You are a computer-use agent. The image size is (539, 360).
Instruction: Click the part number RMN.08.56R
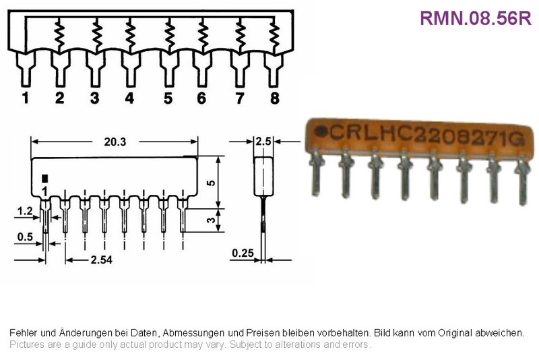pyautogui.click(x=476, y=18)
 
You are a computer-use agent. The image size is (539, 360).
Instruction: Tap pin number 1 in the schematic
pyautogui.click(x=25, y=98)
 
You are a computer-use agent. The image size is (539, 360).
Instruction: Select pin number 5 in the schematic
pyautogui.click(x=168, y=98)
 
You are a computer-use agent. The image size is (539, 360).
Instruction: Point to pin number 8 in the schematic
pyautogui.click(x=275, y=98)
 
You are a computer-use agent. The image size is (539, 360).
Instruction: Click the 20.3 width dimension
pyautogui.click(x=115, y=142)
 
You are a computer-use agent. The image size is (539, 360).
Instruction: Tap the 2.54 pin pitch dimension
pyautogui.click(x=102, y=260)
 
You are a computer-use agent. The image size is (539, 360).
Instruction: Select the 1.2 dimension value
pyautogui.click(x=25, y=211)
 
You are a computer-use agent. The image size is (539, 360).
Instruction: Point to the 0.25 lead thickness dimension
pyautogui.click(x=243, y=253)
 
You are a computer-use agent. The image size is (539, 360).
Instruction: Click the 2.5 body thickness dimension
pyautogui.click(x=263, y=142)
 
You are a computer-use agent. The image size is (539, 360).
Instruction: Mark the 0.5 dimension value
pyautogui.click(x=25, y=237)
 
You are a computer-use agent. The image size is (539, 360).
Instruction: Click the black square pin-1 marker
pyautogui.click(x=44, y=179)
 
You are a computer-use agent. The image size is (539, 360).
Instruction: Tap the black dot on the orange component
pyautogui.click(x=321, y=131)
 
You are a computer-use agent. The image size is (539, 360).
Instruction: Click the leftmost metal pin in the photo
pyautogui.click(x=316, y=174)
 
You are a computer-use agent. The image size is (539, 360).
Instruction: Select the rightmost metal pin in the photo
pyautogui.click(x=523, y=181)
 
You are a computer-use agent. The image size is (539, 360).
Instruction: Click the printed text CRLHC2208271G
pyautogui.click(x=428, y=134)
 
